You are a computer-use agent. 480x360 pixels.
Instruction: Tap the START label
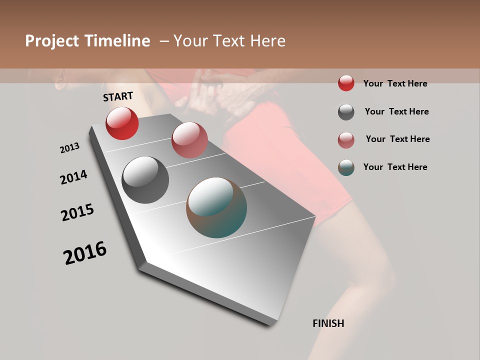tap(118, 96)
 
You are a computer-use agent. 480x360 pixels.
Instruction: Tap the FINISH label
tap(328, 323)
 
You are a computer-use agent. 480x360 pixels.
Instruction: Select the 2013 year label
tap(69, 148)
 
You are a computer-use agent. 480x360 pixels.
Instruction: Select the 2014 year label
tap(73, 177)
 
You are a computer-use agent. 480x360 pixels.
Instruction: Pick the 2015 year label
tap(77, 212)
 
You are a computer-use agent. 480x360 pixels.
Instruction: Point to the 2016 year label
tap(85, 253)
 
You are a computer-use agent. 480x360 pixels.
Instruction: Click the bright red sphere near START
tap(122, 123)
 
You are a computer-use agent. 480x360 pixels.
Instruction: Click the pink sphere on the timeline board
tap(189, 139)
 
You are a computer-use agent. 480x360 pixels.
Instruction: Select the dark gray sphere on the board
tap(145, 180)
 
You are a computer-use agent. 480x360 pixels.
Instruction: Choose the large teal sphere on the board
tap(216, 207)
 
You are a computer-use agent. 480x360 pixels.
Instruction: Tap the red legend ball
tap(346, 83)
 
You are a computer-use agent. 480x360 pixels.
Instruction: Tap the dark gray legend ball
tap(346, 112)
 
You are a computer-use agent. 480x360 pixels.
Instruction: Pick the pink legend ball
tap(346, 140)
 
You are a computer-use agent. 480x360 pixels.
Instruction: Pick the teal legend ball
tap(346, 167)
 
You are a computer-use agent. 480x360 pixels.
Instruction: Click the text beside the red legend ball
tap(395, 83)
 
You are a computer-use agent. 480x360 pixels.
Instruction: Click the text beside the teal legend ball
tap(395, 167)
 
